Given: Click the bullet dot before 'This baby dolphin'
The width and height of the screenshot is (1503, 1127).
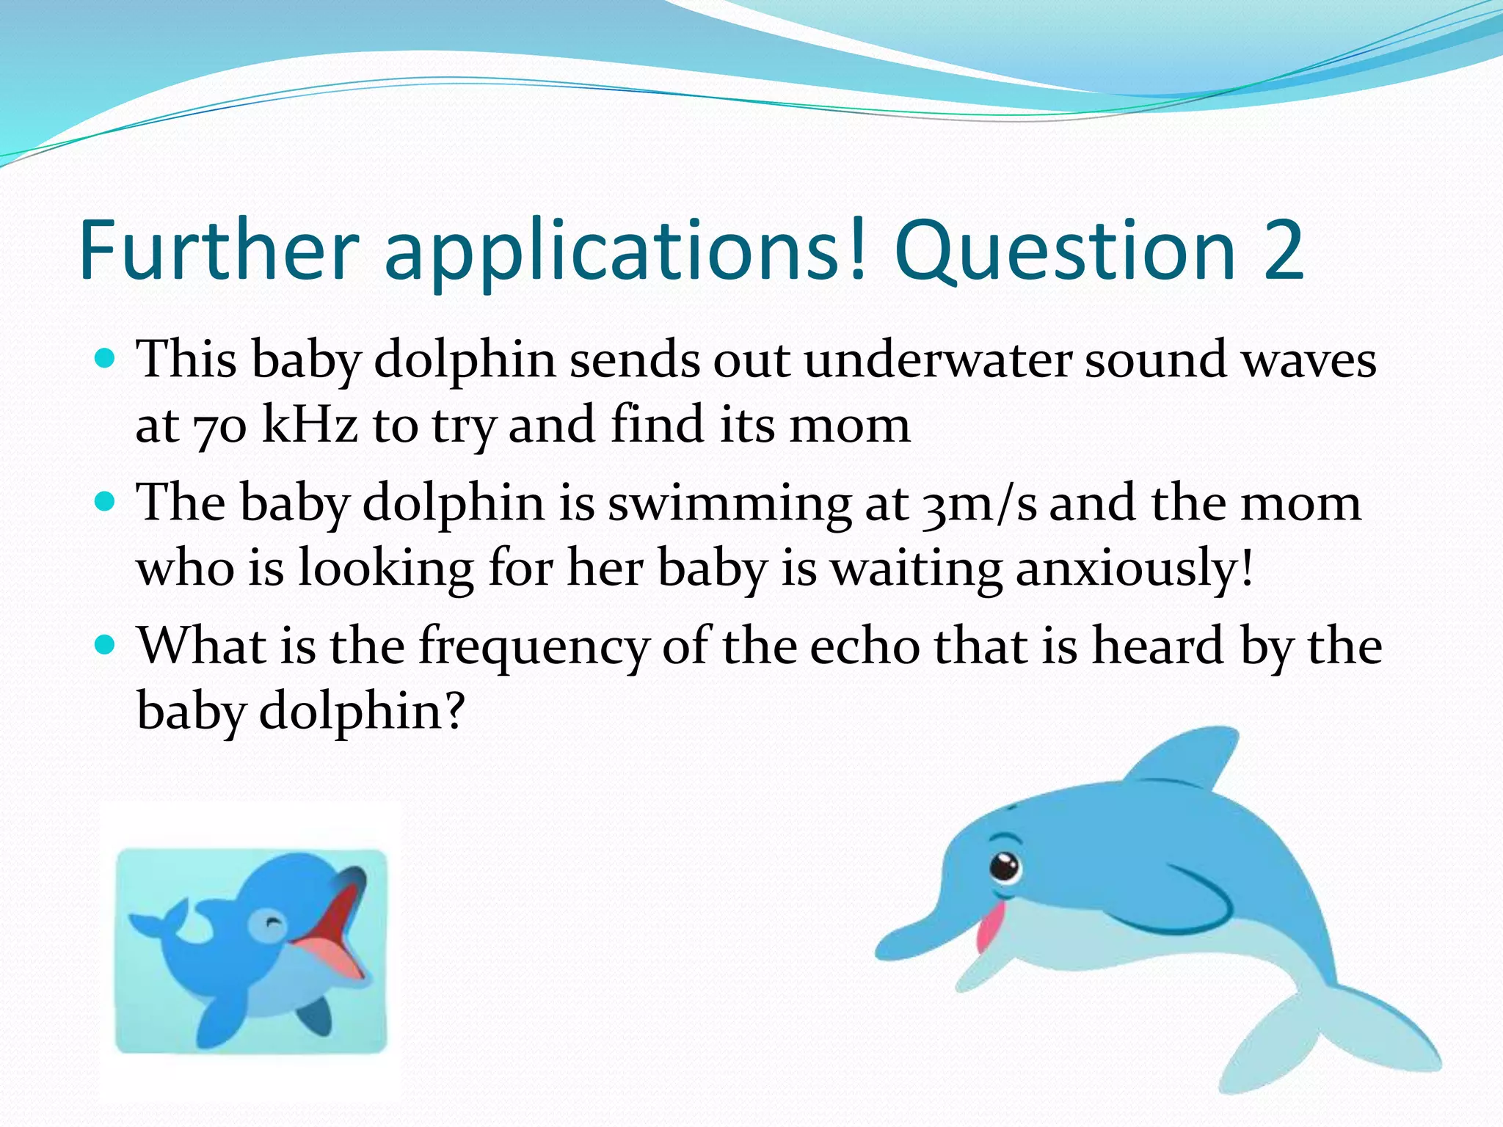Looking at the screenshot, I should tap(106, 359).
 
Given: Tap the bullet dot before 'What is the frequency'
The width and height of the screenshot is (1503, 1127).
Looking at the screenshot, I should tap(106, 645).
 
